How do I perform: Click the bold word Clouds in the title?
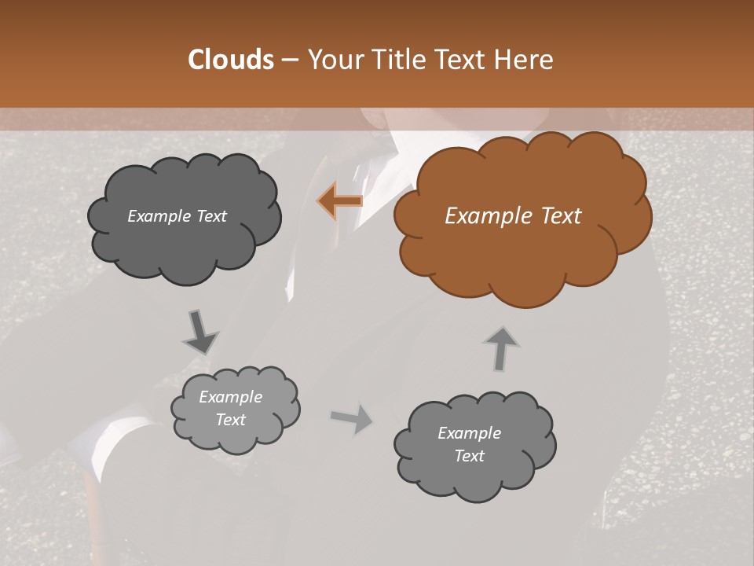point(231,60)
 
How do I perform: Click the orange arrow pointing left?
point(340,201)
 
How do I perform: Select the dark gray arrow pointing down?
point(199,331)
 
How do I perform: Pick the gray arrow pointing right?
point(352,419)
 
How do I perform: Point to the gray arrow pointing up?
point(500,348)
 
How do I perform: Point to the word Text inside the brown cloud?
point(561,216)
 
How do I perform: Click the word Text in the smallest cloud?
point(231,420)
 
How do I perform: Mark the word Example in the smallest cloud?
point(231,397)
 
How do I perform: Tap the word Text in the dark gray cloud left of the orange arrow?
point(210,216)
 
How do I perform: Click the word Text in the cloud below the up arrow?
point(470,456)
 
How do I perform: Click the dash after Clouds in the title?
point(289,60)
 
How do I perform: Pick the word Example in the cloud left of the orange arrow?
point(159,216)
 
